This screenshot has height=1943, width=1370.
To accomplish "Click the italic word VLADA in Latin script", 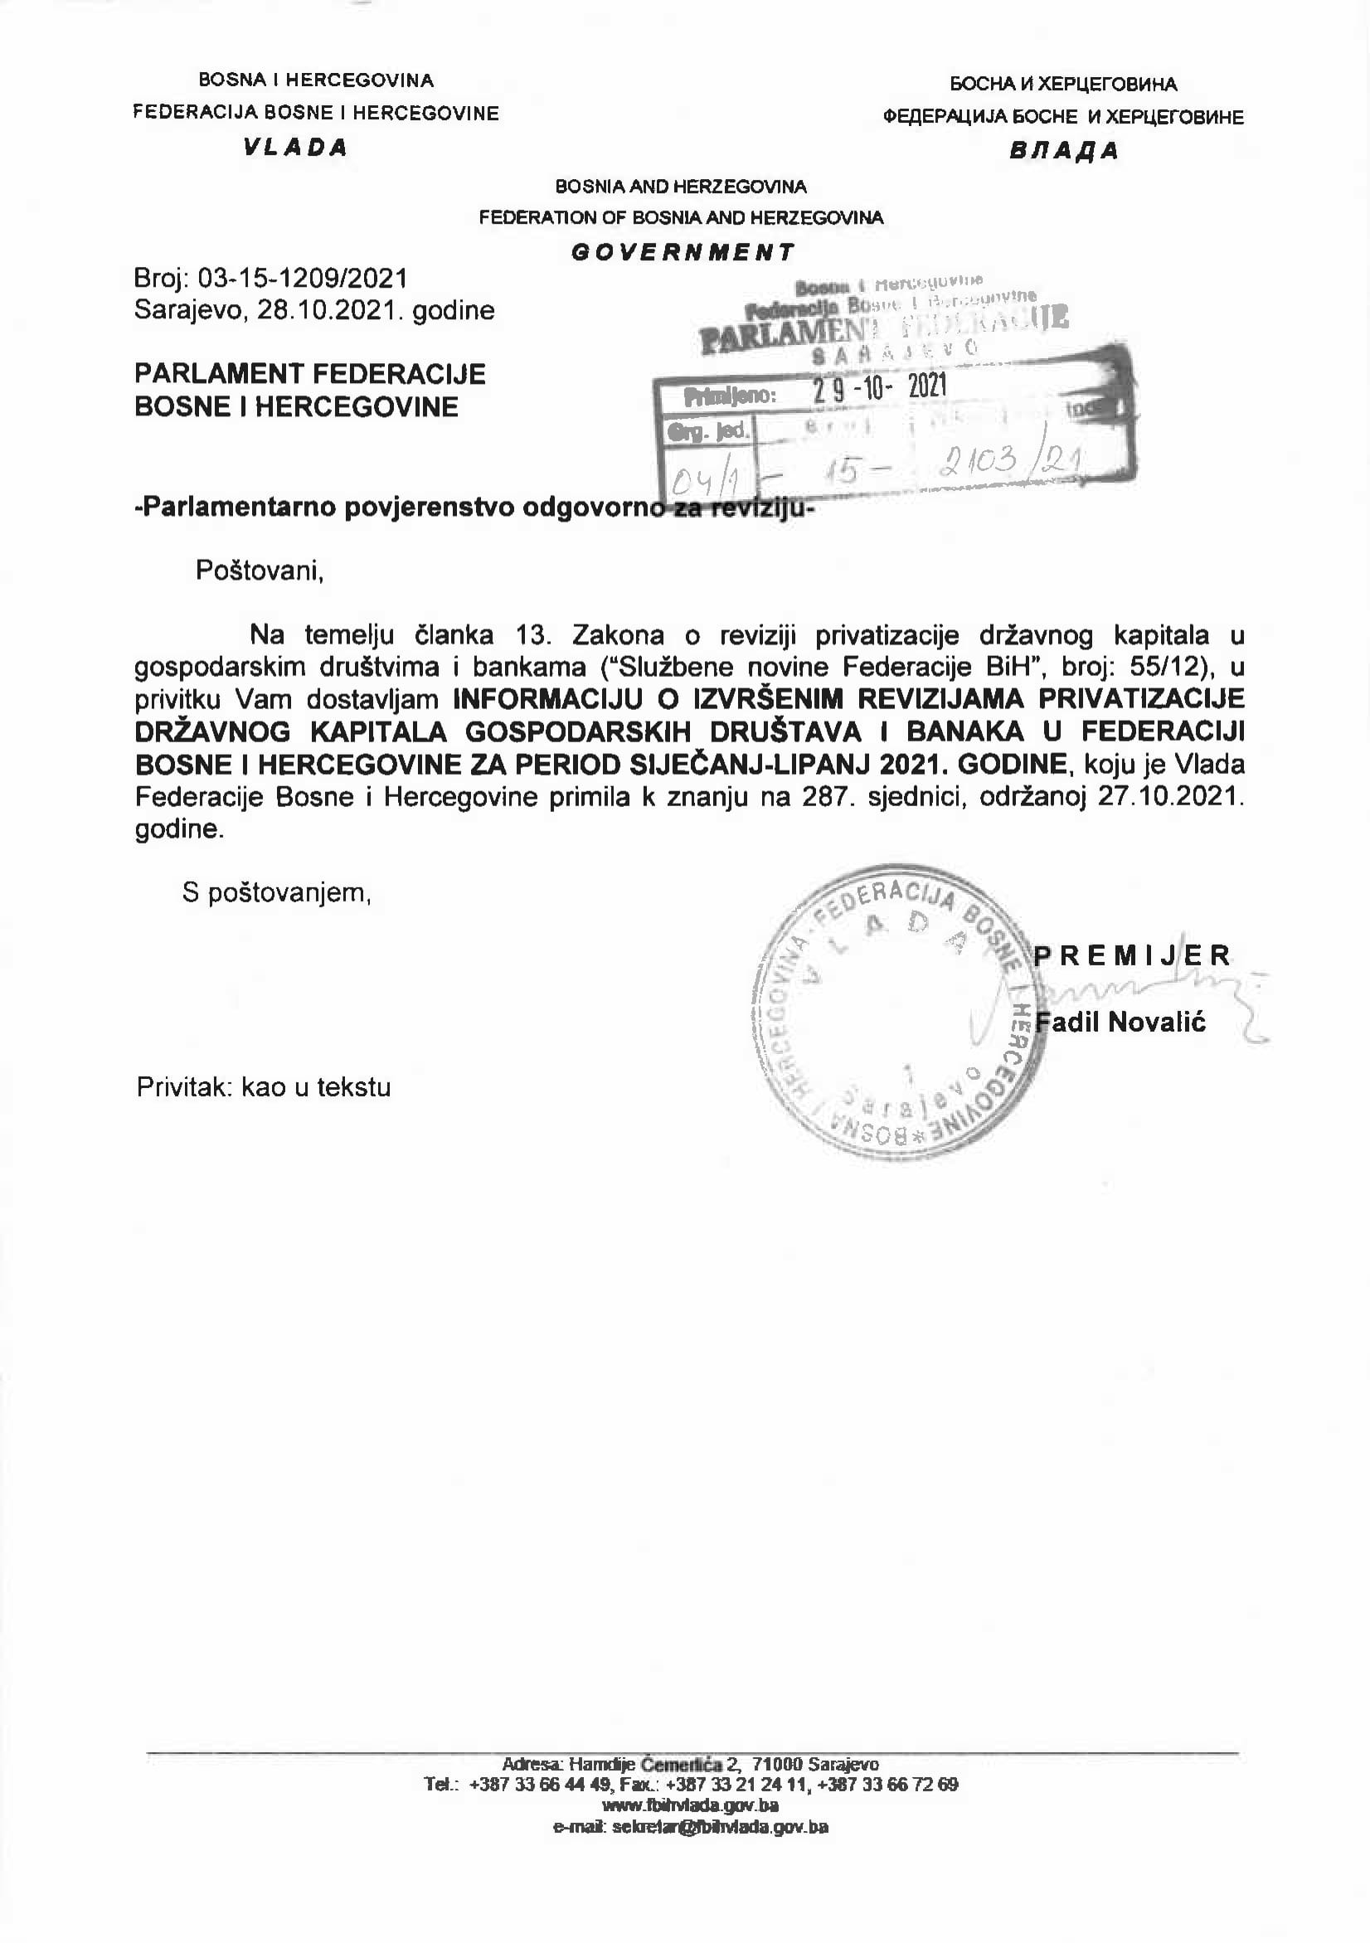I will coord(295,148).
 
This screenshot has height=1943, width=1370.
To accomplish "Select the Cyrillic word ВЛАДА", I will coord(1064,151).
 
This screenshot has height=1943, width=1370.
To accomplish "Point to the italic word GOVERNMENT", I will coord(683,251).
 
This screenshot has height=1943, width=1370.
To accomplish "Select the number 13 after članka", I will coord(533,634).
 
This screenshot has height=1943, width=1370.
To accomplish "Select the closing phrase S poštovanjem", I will coord(277,892).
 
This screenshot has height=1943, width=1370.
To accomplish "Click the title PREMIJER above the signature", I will coord(1132,955).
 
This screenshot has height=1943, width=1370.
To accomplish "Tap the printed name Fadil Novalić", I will coord(1120,1023).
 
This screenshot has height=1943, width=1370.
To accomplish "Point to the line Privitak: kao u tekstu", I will coord(264,1086).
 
